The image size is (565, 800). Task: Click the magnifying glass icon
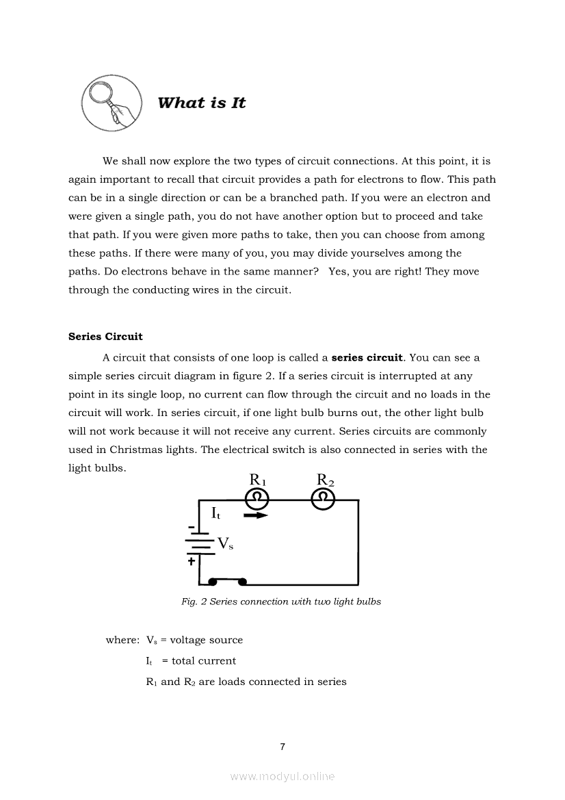click(x=111, y=104)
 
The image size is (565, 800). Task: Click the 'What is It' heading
click(x=201, y=103)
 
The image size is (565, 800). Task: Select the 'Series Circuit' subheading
click(x=105, y=337)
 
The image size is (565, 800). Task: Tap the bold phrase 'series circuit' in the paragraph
click(x=367, y=357)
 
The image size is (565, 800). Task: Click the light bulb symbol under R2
click(x=323, y=500)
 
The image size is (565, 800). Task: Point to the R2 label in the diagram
click(x=325, y=480)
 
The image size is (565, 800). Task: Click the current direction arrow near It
click(x=256, y=515)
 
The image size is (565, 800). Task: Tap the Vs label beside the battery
click(x=225, y=544)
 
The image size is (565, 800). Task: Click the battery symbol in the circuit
click(x=199, y=543)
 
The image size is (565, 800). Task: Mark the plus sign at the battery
click(x=191, y=561)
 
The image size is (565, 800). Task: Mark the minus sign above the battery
click(x=192, y=526)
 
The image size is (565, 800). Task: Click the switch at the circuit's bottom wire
click(x=227, y=582)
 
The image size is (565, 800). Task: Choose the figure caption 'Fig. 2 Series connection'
click(x=280, y=602)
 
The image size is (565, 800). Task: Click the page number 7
click(x=282, y=747)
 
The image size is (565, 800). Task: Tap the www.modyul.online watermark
click(x=282, y=777)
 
